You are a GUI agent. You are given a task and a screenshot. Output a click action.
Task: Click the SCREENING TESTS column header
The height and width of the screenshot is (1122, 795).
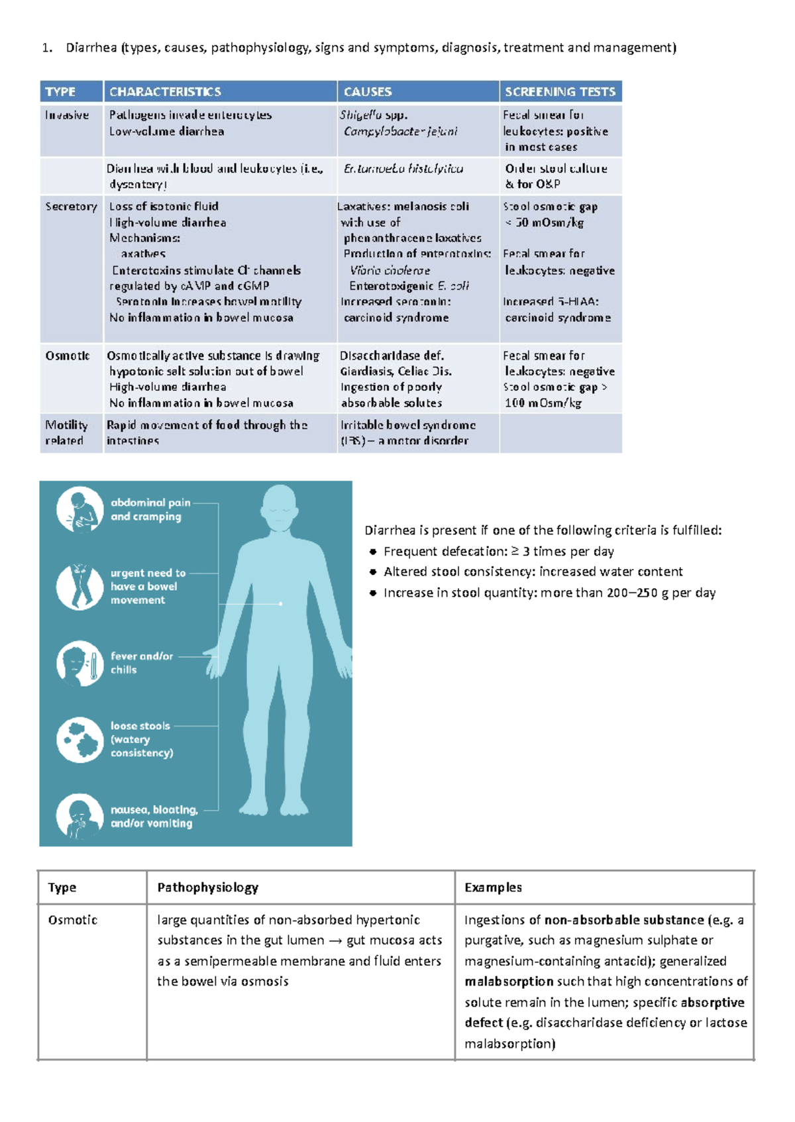click(x=560, y=91)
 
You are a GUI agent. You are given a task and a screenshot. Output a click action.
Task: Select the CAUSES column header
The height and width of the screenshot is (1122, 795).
click(x=368, y=91)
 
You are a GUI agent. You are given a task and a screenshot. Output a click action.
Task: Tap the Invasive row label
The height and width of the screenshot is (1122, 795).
click(x=67, y=115)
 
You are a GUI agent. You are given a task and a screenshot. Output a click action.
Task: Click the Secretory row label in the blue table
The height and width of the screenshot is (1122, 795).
click(x=71, y=207)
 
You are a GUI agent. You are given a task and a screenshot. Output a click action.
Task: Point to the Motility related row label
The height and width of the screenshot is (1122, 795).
click(x=66, y=433)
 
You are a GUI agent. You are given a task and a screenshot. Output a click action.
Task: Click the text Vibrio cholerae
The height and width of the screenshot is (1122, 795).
click(x=390, y=270)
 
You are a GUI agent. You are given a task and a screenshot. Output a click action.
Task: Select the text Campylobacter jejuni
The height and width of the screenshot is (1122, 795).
click(x=400, y=131)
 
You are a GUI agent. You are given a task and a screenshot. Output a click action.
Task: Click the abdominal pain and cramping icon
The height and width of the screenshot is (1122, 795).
click(x=79, y=510)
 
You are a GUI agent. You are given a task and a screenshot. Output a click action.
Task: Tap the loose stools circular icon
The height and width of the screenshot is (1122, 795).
click(x=79, y=739)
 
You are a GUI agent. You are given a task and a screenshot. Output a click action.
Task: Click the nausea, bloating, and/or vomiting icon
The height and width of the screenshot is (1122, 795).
click(x=79, y=816)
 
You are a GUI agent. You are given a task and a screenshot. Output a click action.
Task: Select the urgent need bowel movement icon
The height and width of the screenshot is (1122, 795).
click(x=79, y=586)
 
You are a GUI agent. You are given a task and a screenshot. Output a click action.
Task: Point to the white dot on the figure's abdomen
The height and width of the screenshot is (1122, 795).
click(x=281, y=603)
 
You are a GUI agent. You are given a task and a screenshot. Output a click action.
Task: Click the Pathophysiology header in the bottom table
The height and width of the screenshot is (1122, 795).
click(x=207, y=888)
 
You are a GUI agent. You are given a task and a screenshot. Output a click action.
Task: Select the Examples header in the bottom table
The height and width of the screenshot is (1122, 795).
click(x=493, y=888)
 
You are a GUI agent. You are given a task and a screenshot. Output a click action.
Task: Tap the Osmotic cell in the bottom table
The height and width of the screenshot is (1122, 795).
click(x=72, y=920)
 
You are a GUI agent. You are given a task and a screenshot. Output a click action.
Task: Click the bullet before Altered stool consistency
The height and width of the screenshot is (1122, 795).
click(x=373, y=572)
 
